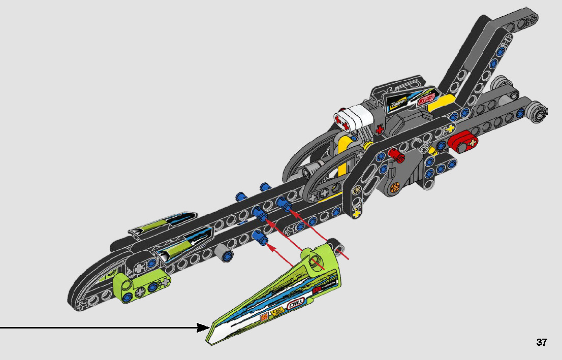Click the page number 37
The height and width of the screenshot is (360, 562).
[542, 342]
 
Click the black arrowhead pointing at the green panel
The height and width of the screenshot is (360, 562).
[203, 328]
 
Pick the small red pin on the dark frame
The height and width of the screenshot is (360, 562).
[396, 154]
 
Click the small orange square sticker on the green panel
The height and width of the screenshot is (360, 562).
[264, 318]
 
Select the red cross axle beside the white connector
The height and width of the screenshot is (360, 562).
[379, 129]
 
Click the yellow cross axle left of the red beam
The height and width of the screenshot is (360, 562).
[450, 129]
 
